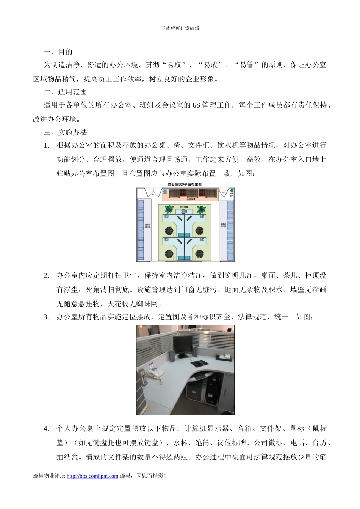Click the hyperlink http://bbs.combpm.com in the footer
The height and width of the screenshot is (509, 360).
click(92, 476)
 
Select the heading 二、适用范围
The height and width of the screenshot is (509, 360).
click(65, 92)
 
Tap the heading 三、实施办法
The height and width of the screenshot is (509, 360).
click(65, 132)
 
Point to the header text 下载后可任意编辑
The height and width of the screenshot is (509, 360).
click(180, 28)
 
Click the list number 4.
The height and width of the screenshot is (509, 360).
click(46, 429)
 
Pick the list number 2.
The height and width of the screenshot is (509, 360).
click(46, 275)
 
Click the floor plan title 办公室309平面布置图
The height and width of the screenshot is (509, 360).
click(185, 184)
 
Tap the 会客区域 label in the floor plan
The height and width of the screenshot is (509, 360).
click(191, 199)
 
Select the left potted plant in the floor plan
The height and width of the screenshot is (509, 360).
click(169, 209)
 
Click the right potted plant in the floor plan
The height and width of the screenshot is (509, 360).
click(202, 209)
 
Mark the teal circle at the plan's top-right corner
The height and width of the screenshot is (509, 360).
click(232, 190)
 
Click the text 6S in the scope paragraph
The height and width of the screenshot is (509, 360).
click(196, 105)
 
